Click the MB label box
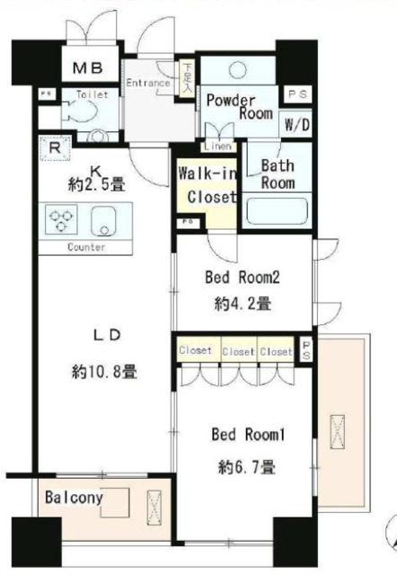click(87, 68)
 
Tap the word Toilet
click(93, 93)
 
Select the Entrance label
click(148, 84)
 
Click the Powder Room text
click(239, 107)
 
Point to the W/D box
click(296, 125)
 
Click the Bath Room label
click(278, 172)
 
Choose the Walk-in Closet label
click(207, 184)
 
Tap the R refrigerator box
click(55, 147)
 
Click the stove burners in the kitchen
click(63, 220)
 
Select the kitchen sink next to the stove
click(108, 220)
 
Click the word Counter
click(86, 247)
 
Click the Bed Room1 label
click(247, 436)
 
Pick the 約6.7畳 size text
click(246, 466)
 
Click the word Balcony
click(75, 496)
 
